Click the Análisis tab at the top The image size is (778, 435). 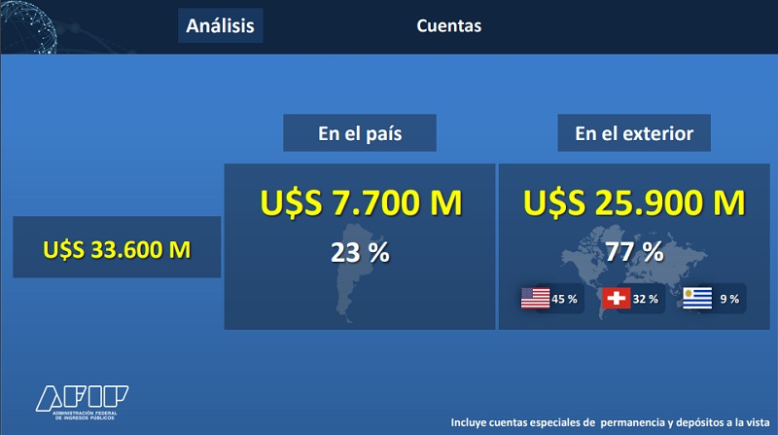pos(221,25)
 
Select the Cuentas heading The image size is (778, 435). pos(448,26)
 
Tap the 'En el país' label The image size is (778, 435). pos(360,133)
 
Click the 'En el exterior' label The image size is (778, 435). pos(634,133)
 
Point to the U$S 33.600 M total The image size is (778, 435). pos(117,249)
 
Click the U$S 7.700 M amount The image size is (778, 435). pos(361,202)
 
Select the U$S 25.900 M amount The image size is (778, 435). pos(634,202)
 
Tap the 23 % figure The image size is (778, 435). pos(360,252)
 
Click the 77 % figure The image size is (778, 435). pos(634,251)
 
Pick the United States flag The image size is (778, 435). pos(536,299)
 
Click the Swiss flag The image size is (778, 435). pos(617,298)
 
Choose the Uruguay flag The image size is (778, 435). pos(697,298)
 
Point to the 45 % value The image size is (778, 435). pos(564,299)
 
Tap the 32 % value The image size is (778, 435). pos(645,299)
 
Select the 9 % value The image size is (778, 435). pos(729,299)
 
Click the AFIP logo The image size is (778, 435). pos(82,402)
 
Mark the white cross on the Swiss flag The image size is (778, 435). pos(617,298)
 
